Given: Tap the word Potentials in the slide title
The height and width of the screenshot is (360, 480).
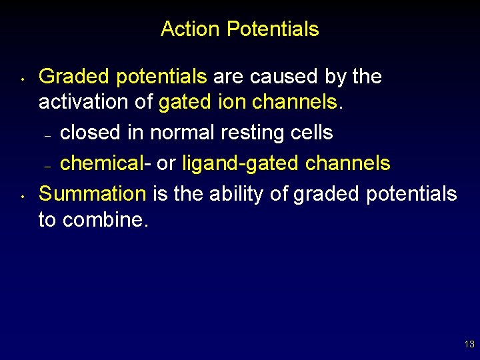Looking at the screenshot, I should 273,29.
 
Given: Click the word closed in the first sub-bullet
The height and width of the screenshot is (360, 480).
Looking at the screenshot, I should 91,133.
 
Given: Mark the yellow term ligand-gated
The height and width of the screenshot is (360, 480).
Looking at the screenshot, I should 235,163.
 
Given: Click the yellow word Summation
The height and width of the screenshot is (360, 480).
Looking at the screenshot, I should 93,194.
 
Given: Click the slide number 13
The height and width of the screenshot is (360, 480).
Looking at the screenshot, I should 469,345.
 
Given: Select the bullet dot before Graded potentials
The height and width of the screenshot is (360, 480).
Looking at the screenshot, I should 23,84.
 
